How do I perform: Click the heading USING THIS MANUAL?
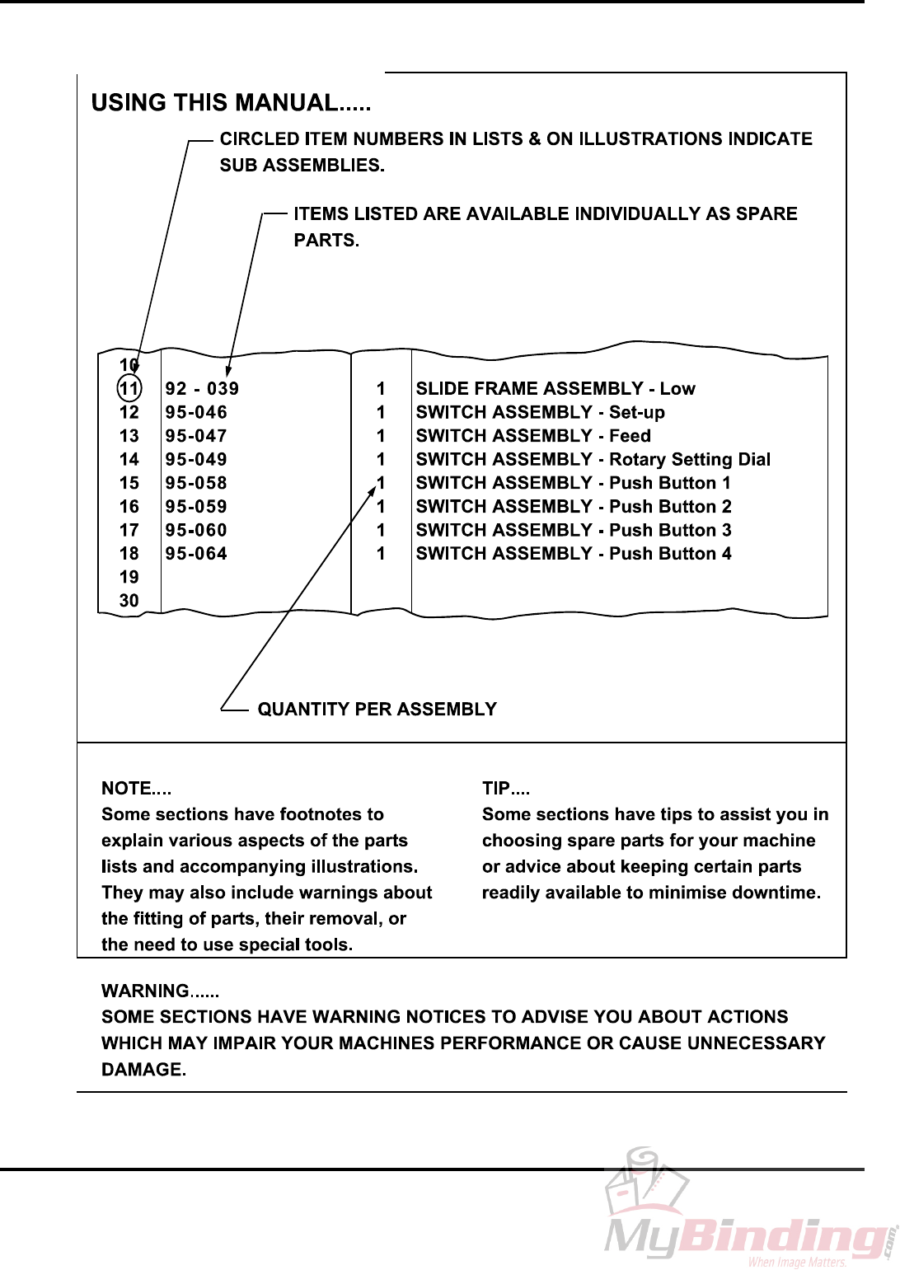[231, 103]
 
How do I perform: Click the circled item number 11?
[129, 388]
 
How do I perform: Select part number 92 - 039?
[202, 388]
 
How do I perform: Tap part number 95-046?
[196, 412]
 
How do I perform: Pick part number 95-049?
[196, 459]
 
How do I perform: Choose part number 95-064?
[196, 554]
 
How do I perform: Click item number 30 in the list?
[129, 601]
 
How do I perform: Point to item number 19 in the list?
[129, 577]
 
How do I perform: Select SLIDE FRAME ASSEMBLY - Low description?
[555, 388]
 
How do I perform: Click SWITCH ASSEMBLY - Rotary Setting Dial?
[593, 459]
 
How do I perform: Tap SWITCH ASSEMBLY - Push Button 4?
[573, 554]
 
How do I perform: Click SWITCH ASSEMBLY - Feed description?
[532, 436]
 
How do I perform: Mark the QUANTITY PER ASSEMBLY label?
[377, 710]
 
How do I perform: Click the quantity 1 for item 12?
[381, 412]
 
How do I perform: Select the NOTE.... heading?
[136, 789]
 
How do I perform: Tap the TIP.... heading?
[505, 789]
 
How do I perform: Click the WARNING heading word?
[145, 991]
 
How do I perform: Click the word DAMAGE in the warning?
[143, 1070]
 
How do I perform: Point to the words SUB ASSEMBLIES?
[302, 165]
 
